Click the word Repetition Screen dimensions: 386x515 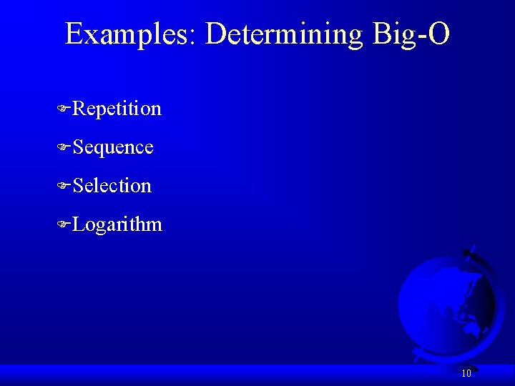[x=117, y=109]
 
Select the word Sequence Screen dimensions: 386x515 [x=113, y=147]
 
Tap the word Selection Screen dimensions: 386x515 [x=112, y=186]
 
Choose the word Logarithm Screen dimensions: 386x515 [x=117, y=224]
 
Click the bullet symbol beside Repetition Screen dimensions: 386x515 [x=64, y=109]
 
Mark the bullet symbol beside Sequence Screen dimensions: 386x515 [x=64, y=148]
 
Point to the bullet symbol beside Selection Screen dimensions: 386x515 [x=64, y=187]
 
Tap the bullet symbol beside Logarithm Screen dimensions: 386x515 [x=64, y=225]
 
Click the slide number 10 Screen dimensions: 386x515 [x=466, y=373]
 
